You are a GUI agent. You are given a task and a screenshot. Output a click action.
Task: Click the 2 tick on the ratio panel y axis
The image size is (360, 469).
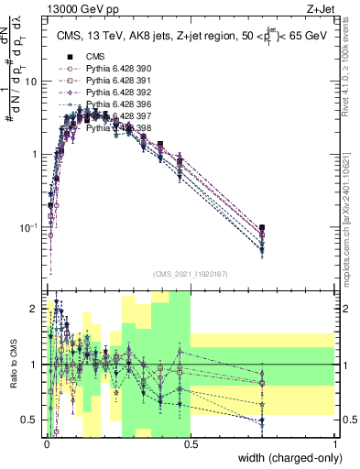click(36, 311)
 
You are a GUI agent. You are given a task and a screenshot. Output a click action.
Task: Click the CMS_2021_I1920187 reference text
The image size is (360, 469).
click(190, 273)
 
